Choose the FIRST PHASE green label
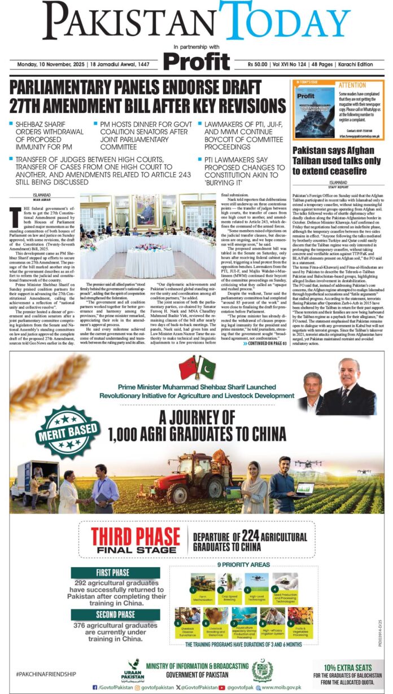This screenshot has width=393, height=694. [115, 572]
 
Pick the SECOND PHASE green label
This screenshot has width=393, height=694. [115, 614]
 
